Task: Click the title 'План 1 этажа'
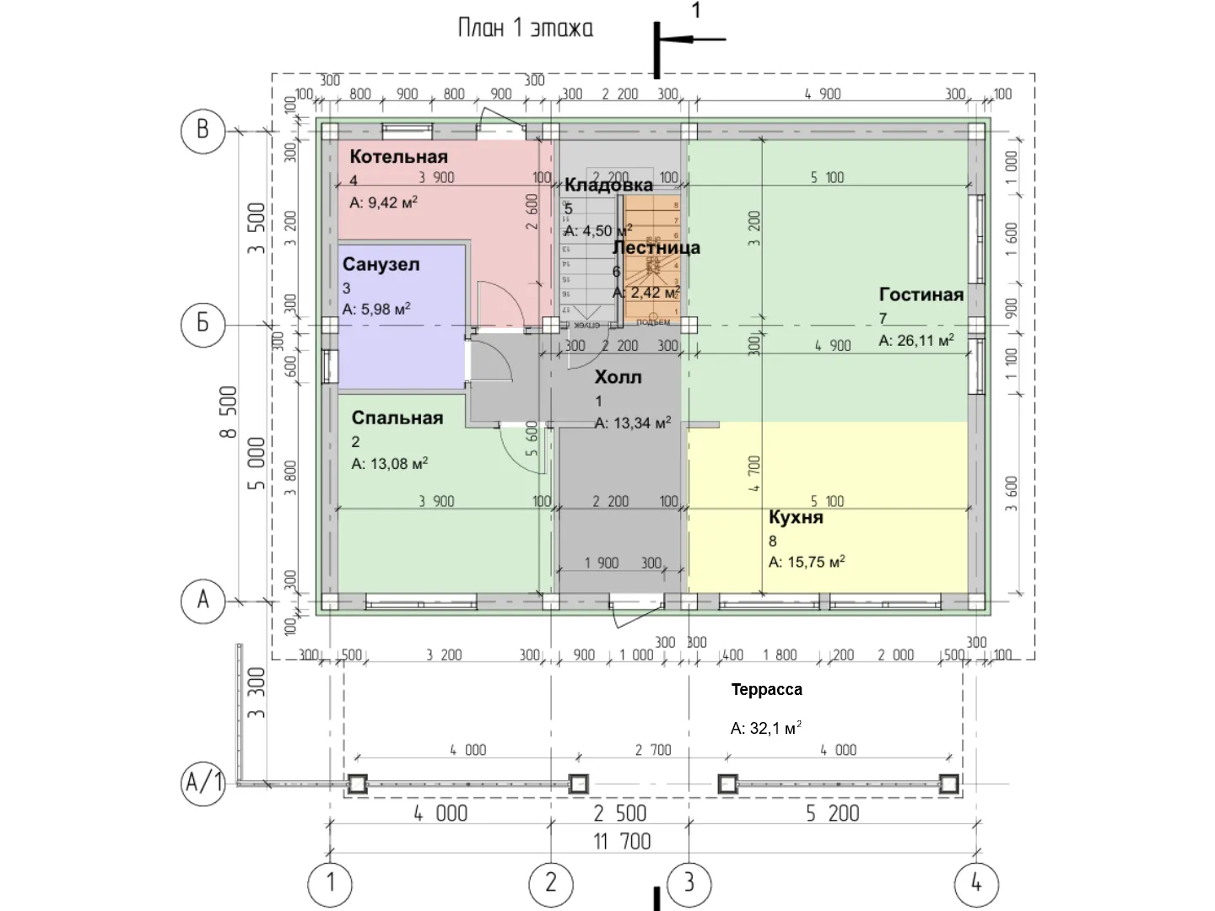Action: click(x=525, y=29)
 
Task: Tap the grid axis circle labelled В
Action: click(x=203, y=130)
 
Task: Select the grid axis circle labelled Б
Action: click(x=203, y=324)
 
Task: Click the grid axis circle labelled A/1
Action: click(x=203, y=784)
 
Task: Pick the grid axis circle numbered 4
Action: click(x=976, y=883)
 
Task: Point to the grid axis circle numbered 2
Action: click(x=551, y=883)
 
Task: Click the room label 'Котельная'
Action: click(x=398, y=157)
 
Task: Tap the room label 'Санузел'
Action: click(x=381, y=265)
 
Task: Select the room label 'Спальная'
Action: click(x=397, y=418)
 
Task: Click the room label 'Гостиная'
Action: click(x=921, y=295)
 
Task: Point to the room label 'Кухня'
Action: click(x=795, y=518)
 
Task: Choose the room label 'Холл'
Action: click(x=618, y=378)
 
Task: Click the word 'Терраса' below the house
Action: click(x=766, y=690)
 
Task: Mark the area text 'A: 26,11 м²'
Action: click(x=916, y=341)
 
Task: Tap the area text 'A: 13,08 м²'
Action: click(x=389, y=464)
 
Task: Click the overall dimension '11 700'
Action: click(x=623, y=842)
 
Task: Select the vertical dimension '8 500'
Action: click(x=229, y=412)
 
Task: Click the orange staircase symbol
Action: click(x=651, y=257)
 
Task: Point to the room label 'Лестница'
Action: click(x=656, y=248)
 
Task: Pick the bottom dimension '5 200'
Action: click(x=832, y=814)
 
